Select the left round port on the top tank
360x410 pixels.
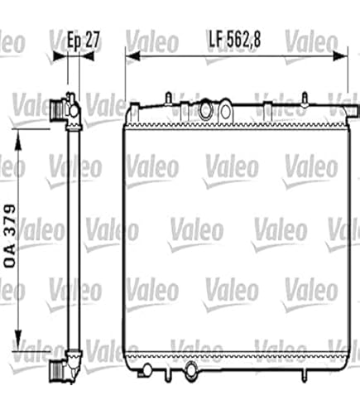click(x=204, y=111)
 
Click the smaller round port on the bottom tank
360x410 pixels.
click(x=147, y=365)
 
